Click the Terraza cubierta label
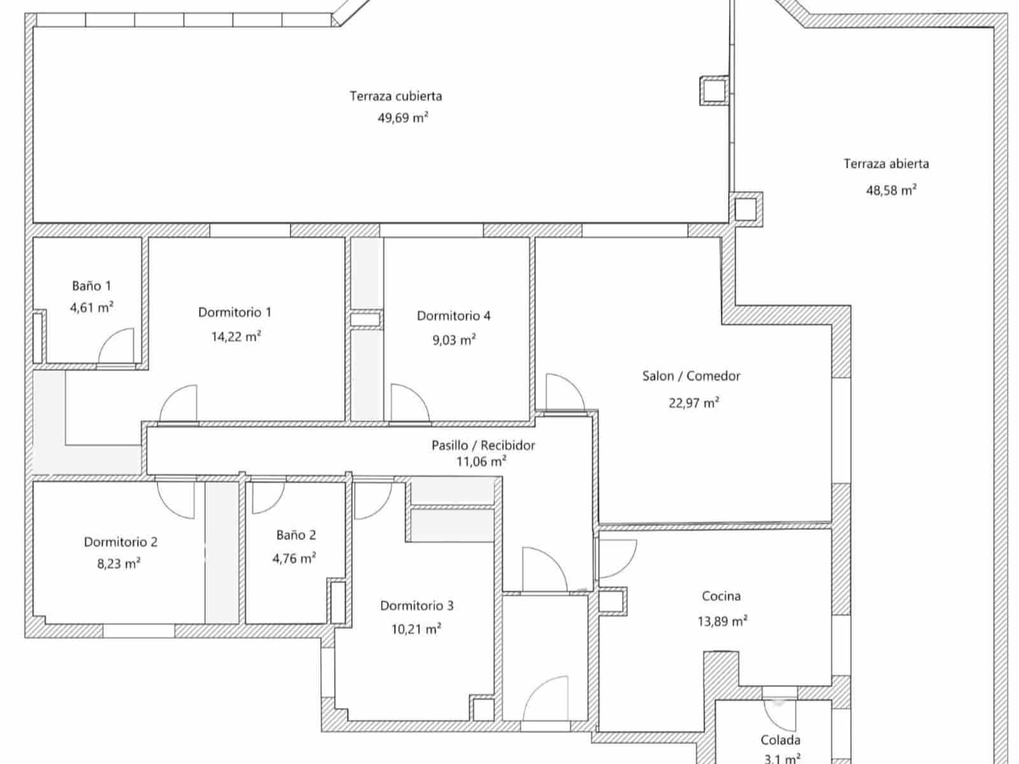395,96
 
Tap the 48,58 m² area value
891,190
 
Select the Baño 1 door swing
118,346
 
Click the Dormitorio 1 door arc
180,404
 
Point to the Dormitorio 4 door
408,404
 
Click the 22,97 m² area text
694,402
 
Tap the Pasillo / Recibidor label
483,445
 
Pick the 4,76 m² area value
294,559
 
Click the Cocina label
721,596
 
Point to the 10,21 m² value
416,629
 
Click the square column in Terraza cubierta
715,90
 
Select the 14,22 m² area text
236,336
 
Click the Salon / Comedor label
691,376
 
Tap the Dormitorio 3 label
417,605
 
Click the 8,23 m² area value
118,563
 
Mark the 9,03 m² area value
453,340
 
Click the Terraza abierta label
886,164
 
